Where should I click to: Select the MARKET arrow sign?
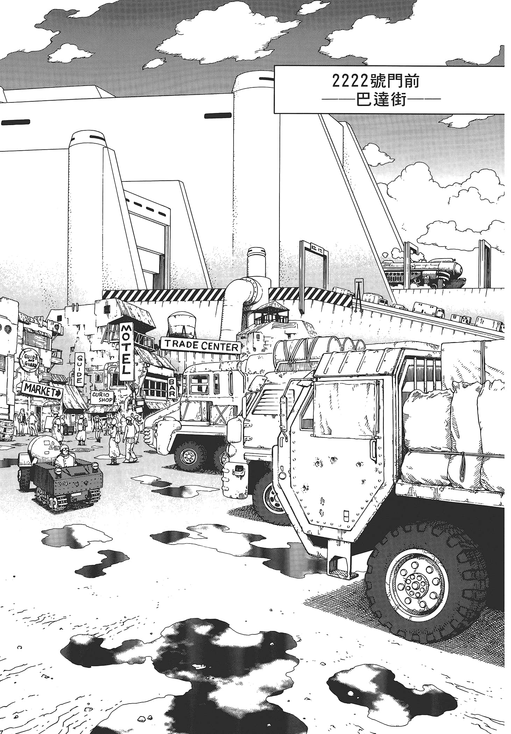coord(42,391)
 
